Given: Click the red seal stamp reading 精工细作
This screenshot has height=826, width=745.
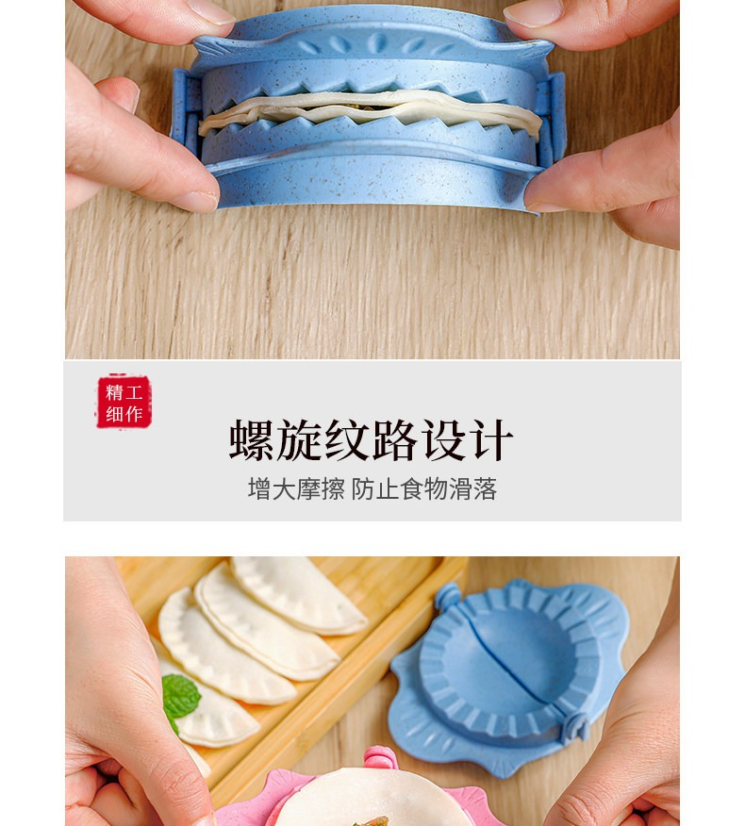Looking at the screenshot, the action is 124,402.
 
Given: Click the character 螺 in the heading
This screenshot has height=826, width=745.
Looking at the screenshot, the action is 251,439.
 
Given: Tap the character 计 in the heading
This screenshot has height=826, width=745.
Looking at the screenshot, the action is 493,439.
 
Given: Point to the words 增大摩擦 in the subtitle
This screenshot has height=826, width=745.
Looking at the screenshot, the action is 296,488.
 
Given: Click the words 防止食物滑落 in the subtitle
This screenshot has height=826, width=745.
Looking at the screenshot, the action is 424,488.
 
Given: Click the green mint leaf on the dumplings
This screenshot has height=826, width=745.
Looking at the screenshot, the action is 180,698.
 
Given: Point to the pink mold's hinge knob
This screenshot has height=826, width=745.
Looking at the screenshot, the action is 380,758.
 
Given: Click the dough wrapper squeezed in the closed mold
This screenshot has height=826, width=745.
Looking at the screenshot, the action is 370,111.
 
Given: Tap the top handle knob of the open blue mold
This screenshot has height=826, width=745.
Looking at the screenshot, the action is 448,595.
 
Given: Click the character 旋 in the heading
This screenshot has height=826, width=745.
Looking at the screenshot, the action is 299,439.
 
